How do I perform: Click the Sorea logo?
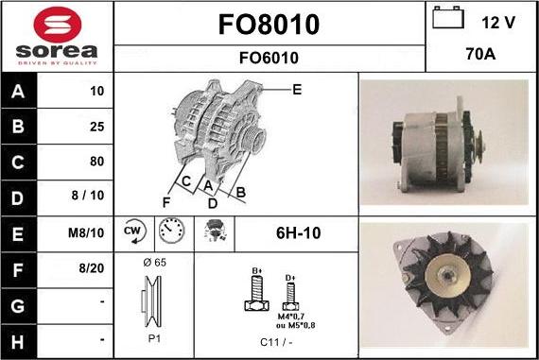pos(57,37)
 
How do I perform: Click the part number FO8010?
pos(269,24)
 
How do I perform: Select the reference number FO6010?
pos(269,58)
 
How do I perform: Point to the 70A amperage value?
pos(482,56)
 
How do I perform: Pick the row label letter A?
pos(20,93)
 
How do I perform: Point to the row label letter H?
pos(20,338)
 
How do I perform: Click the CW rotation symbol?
pos(132,231)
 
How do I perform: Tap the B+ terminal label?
pos(256,270)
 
